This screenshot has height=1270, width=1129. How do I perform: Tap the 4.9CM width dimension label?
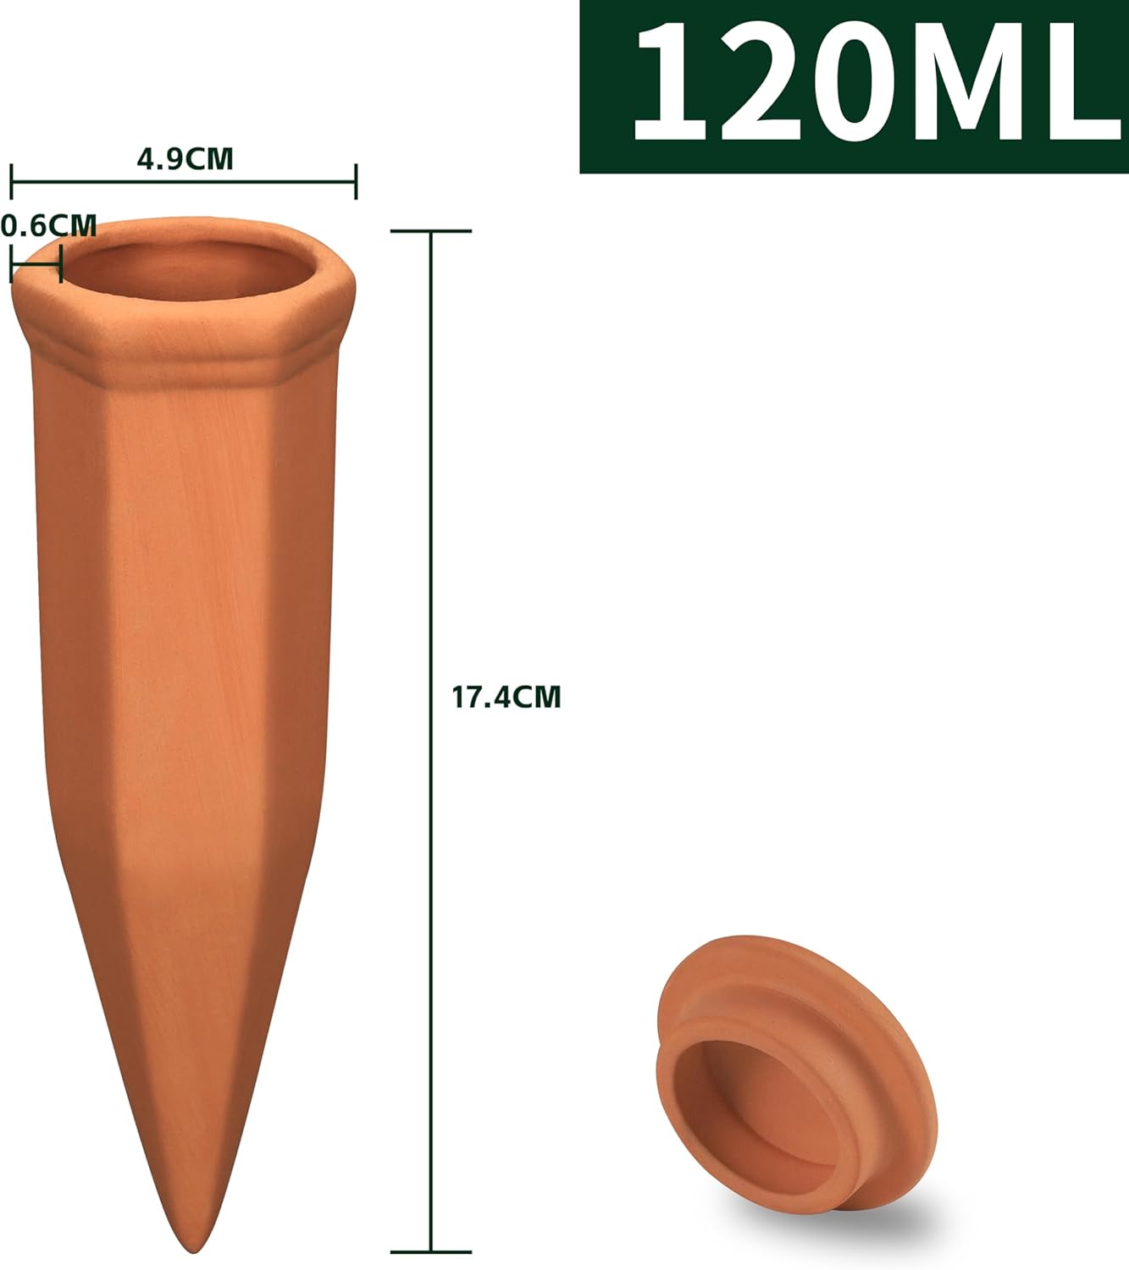(185, 159)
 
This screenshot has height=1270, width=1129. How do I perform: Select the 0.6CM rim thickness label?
(49, 226)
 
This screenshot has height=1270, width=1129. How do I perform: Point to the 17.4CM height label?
(506, 697)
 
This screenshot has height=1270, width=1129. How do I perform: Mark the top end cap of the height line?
(432, 231)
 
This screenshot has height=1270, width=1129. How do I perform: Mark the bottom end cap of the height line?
(432, 1251)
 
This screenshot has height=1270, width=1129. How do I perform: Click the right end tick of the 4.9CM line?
(356, 181)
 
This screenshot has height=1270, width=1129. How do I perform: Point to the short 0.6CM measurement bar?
(36, 264)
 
